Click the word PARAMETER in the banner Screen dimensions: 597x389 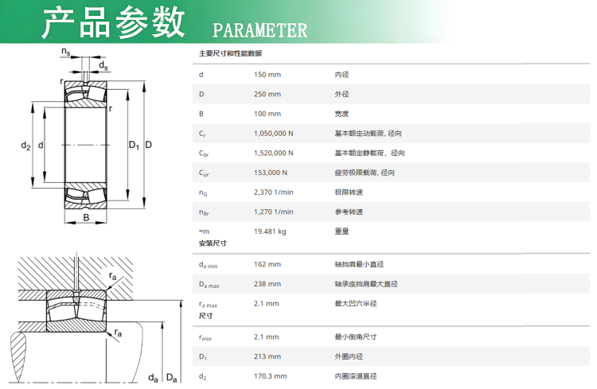[x=259, y=30]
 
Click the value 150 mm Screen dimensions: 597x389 [x=267, y=75]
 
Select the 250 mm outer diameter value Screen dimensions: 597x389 [x=267, y=94]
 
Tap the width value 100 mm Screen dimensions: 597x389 [x=267, y=114]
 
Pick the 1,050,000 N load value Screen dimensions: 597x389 [x=274, y=134]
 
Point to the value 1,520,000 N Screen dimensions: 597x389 [x=274, y=153]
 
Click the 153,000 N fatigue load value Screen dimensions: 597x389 [x=271, y=173]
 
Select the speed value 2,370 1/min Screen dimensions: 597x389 [x=274, y=193]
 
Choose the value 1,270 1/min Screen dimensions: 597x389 [x=274, y=212]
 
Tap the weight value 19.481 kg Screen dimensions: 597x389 [x=270, y=231]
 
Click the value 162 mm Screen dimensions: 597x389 [x=267, y=264]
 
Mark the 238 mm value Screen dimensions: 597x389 [x=267, y=284]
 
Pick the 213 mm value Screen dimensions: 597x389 [x=267, y=356]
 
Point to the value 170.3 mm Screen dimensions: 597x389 [x=271, y=376]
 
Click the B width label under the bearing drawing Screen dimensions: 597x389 [x=87, y=217]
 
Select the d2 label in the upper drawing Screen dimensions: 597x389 [x=25, y=146]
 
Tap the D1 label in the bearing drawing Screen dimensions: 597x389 [x=134, y=145]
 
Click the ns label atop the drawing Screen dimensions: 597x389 [x=66, y=52]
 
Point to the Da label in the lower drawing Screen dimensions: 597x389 [x=172, y=378]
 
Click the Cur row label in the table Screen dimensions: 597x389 [x=204, y=173]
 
